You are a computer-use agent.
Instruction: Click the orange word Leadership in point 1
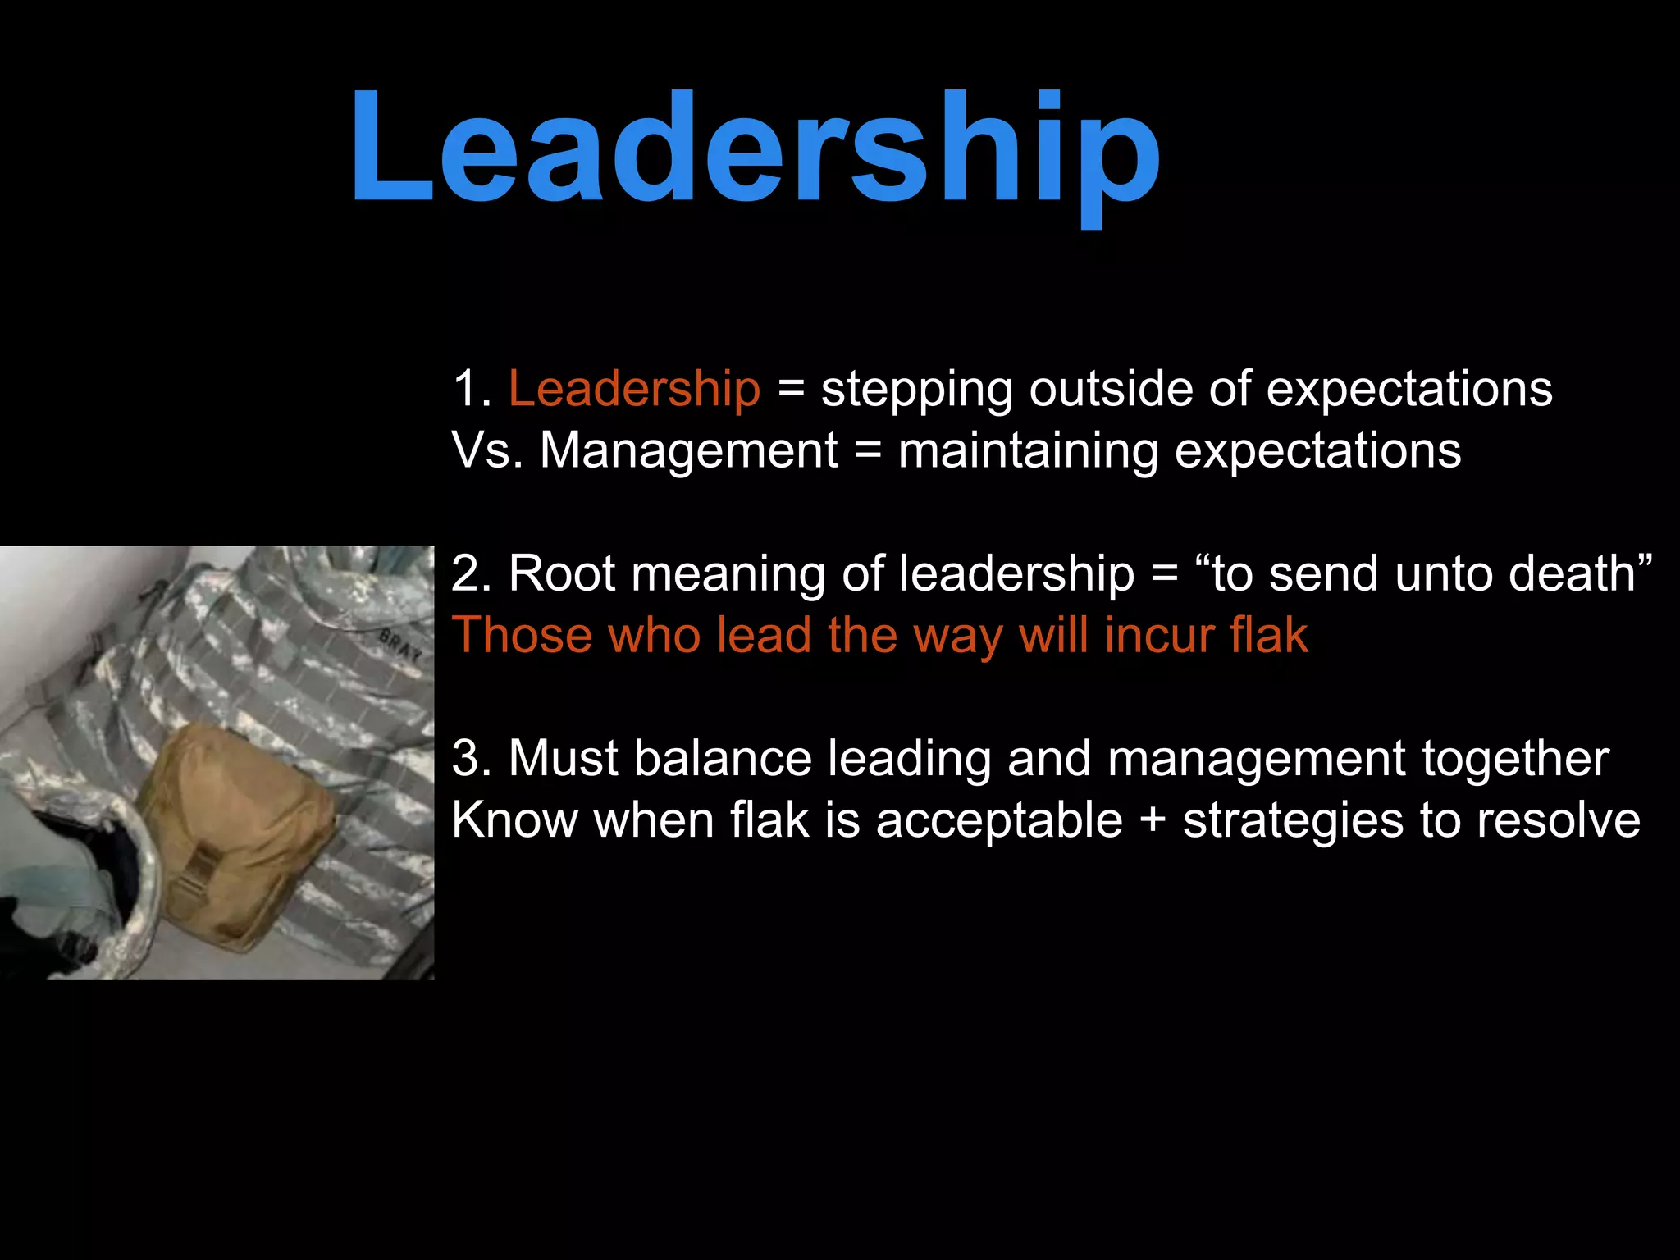634,388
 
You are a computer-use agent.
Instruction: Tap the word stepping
916,390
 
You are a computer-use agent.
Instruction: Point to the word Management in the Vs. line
688,451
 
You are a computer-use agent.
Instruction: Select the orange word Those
522,635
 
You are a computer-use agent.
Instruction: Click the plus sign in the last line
1153,820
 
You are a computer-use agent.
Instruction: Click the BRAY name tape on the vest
400,646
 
